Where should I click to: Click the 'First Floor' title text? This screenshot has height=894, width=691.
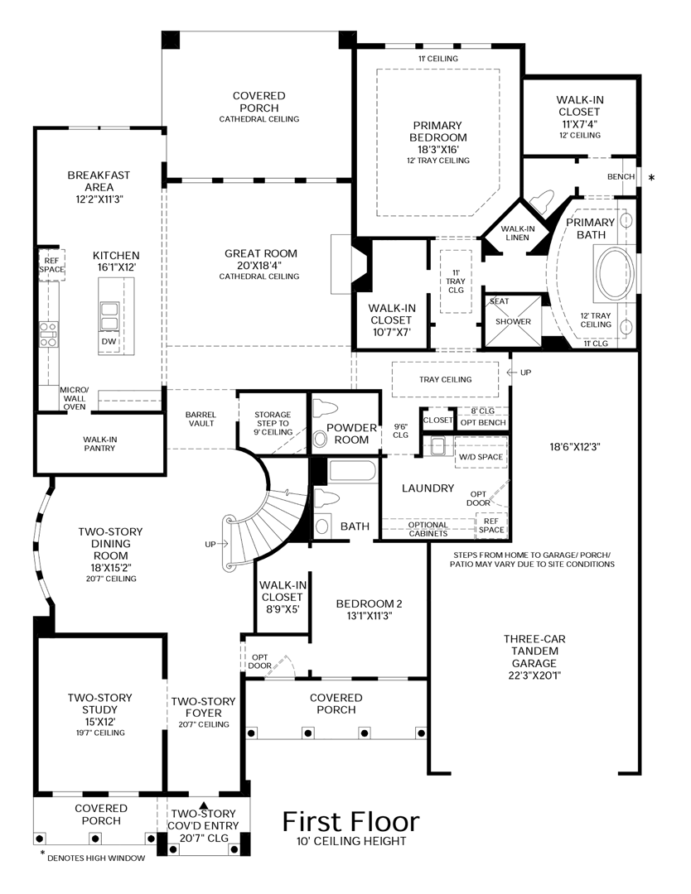click(351, 822)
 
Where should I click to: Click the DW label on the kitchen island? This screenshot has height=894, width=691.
click(109, 341)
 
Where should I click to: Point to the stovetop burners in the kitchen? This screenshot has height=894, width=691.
click(48, 334)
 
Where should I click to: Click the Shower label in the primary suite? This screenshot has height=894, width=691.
click(513, 321)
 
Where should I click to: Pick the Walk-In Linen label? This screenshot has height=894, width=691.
click(518, 233)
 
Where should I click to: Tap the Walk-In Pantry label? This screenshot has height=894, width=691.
click(100, 444)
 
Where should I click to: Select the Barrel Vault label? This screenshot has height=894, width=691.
click(201, 419)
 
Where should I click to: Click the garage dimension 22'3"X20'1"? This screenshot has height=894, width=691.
click(534, 675)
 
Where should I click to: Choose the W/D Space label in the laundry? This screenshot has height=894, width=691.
click(481, 457)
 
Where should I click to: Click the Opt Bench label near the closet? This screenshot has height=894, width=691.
click(483, 422)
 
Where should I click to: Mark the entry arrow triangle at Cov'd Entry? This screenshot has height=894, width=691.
click(203, 805)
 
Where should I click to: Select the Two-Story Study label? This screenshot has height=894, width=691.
click(100, 704)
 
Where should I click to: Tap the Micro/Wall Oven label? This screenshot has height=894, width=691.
click(75, 398)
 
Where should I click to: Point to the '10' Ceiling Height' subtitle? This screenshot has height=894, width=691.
click(351, 841)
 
